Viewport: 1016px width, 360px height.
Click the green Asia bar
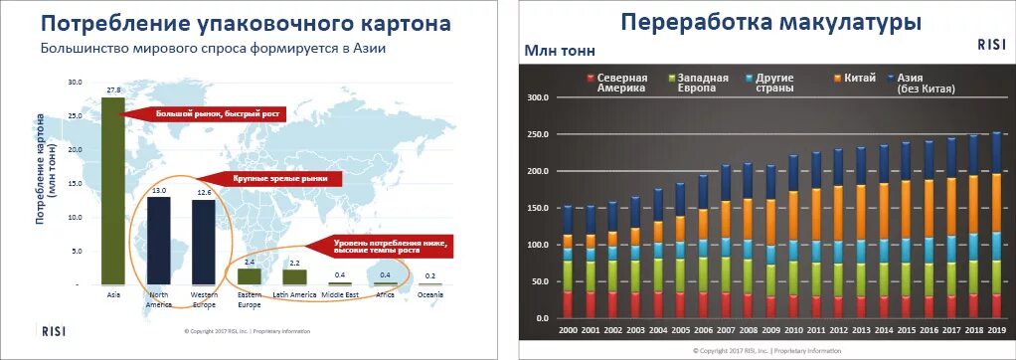[x=112, y=191]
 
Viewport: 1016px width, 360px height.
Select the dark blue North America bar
[x=158, y=241]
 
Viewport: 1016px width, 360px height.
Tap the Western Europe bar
[x=203, y=243]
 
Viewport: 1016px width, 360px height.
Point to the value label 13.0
[x=158, y=190]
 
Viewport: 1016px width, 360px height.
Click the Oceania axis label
[x=428, y=293]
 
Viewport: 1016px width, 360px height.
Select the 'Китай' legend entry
[x=858, y=77]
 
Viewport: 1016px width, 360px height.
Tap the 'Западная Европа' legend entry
[x=702, y=83]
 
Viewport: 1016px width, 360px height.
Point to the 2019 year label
[x=996, y=329]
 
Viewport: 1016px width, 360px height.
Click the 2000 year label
[x=569, y=329]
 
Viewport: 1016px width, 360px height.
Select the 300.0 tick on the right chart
[x=538, y=97]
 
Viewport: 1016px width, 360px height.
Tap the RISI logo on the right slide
[x=991, y=44]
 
